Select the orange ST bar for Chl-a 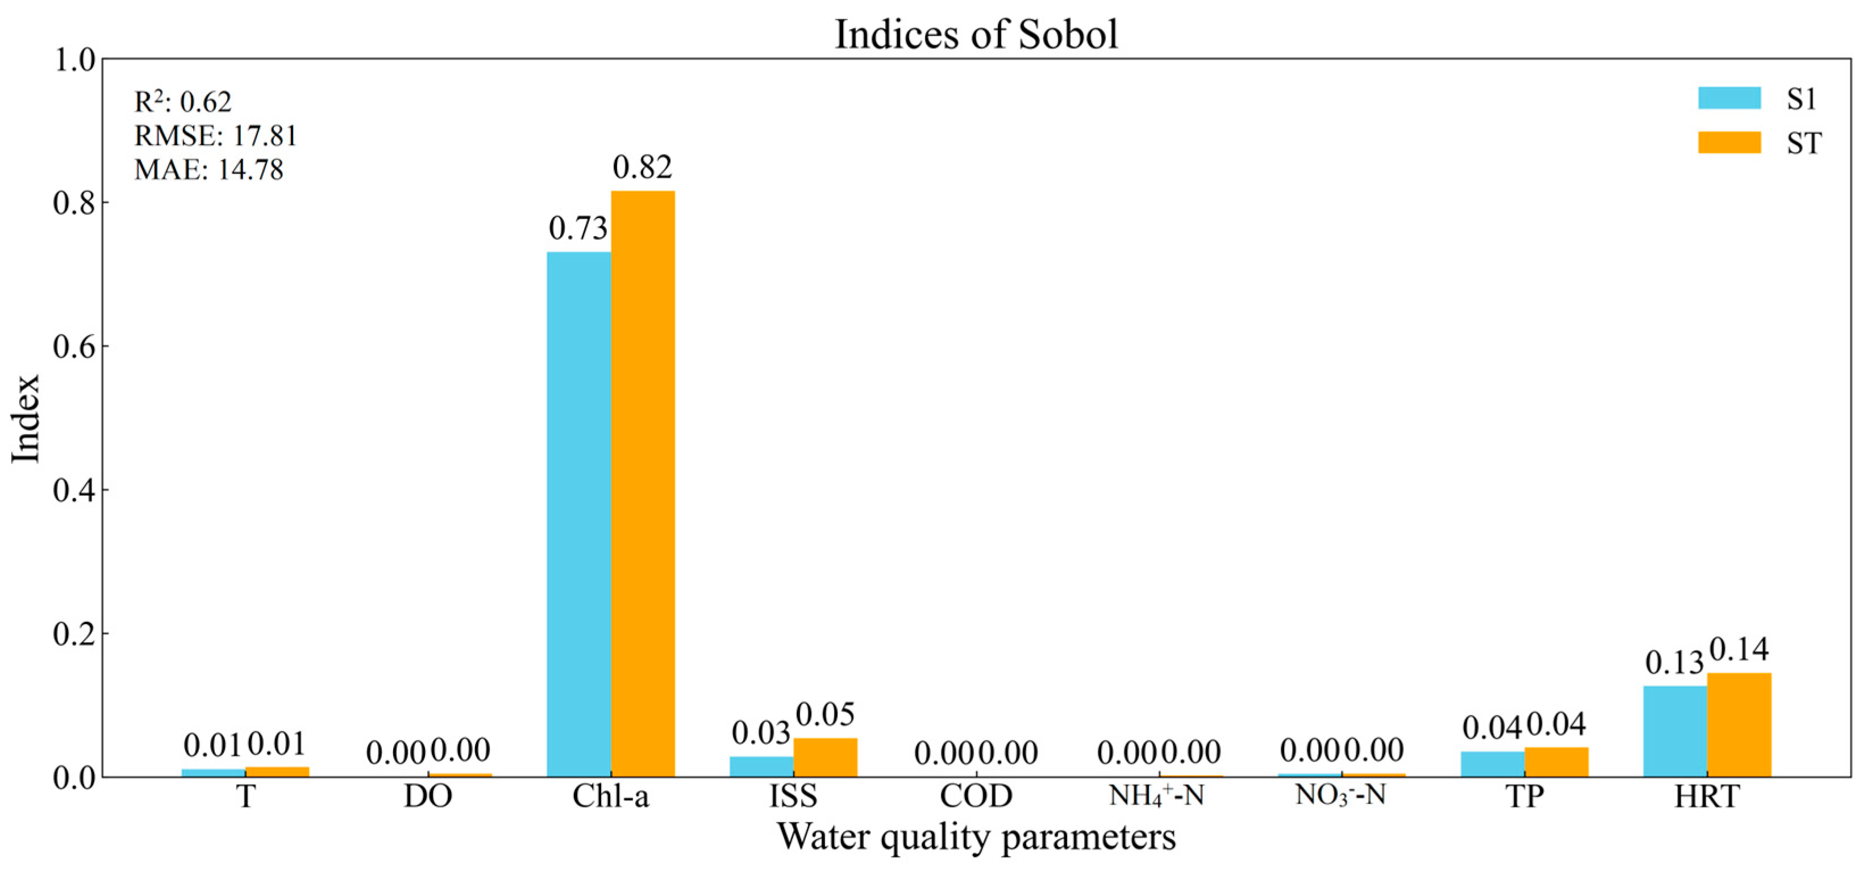coord(642,483)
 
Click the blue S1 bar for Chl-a coord(578,513)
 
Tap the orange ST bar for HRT coord(1738,724)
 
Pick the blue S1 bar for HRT coord(1674,731)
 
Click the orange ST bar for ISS coord(825,757)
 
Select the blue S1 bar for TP coord(1492,763)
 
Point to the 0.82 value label coord(642,168)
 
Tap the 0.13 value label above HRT coord(1674,662)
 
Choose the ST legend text coord(1803,143)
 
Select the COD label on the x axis coord(976,796)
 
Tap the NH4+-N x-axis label coord(1156,796)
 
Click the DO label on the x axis coord(428,796)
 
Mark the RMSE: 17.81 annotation coord(216,136)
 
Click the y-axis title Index coord(26,418)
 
